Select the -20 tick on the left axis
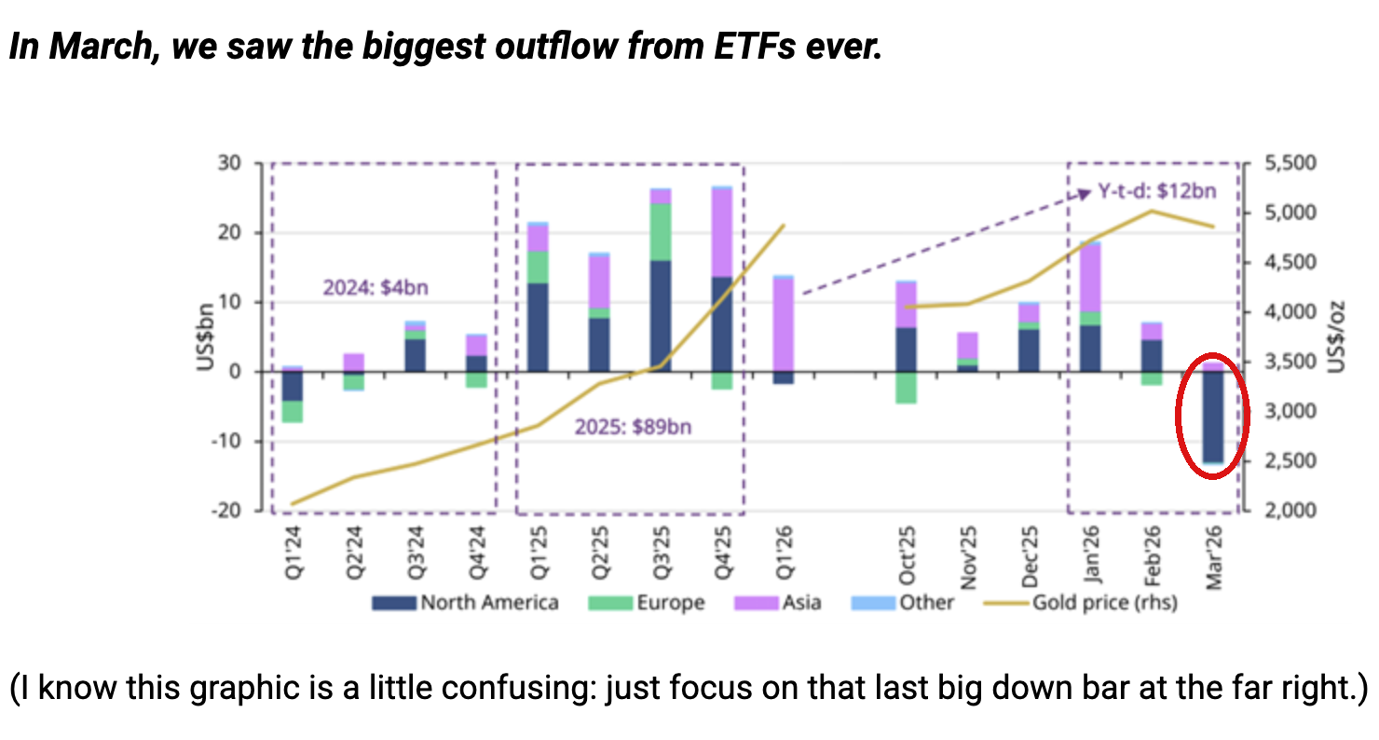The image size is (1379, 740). pyautogui.click(x=226, y=511)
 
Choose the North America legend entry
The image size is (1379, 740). pyautogui.click(x=466, y=603)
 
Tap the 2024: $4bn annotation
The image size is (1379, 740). pyautogui.click(x=375, y=288)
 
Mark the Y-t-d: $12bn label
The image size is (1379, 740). pyautogui.click(x=1157, y=192)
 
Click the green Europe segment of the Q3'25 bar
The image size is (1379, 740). pyautogui.click(x=661, y=231)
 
